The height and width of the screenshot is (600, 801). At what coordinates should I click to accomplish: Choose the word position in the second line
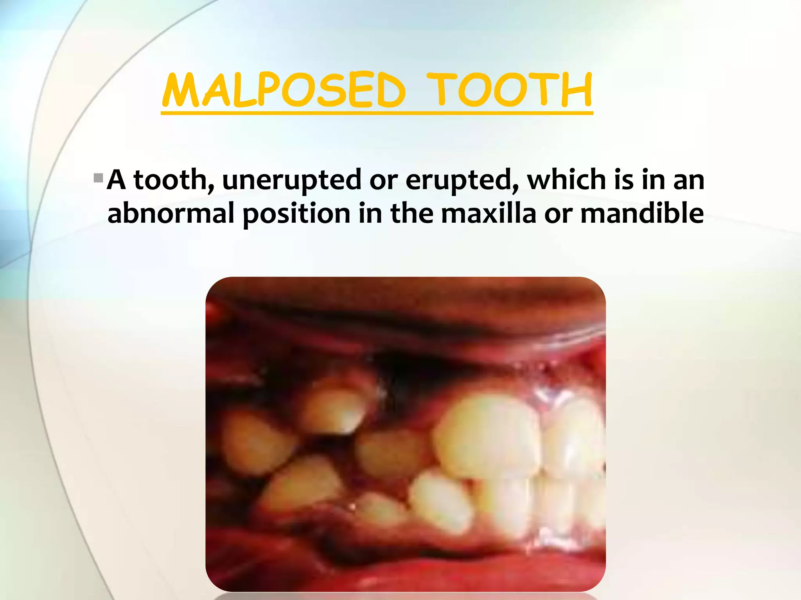296,214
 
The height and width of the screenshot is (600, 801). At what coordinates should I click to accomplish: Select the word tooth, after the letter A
174,180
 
